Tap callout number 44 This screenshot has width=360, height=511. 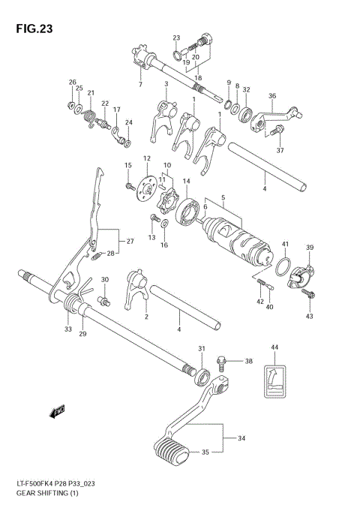274,347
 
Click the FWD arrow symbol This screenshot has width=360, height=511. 57,410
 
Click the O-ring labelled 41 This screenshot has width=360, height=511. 281,266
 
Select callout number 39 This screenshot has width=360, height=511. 308,248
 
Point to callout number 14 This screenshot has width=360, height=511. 186,182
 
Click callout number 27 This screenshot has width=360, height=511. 129,241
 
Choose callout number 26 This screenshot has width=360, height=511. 72,82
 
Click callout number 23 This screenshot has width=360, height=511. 176,38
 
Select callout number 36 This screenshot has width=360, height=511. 272,96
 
